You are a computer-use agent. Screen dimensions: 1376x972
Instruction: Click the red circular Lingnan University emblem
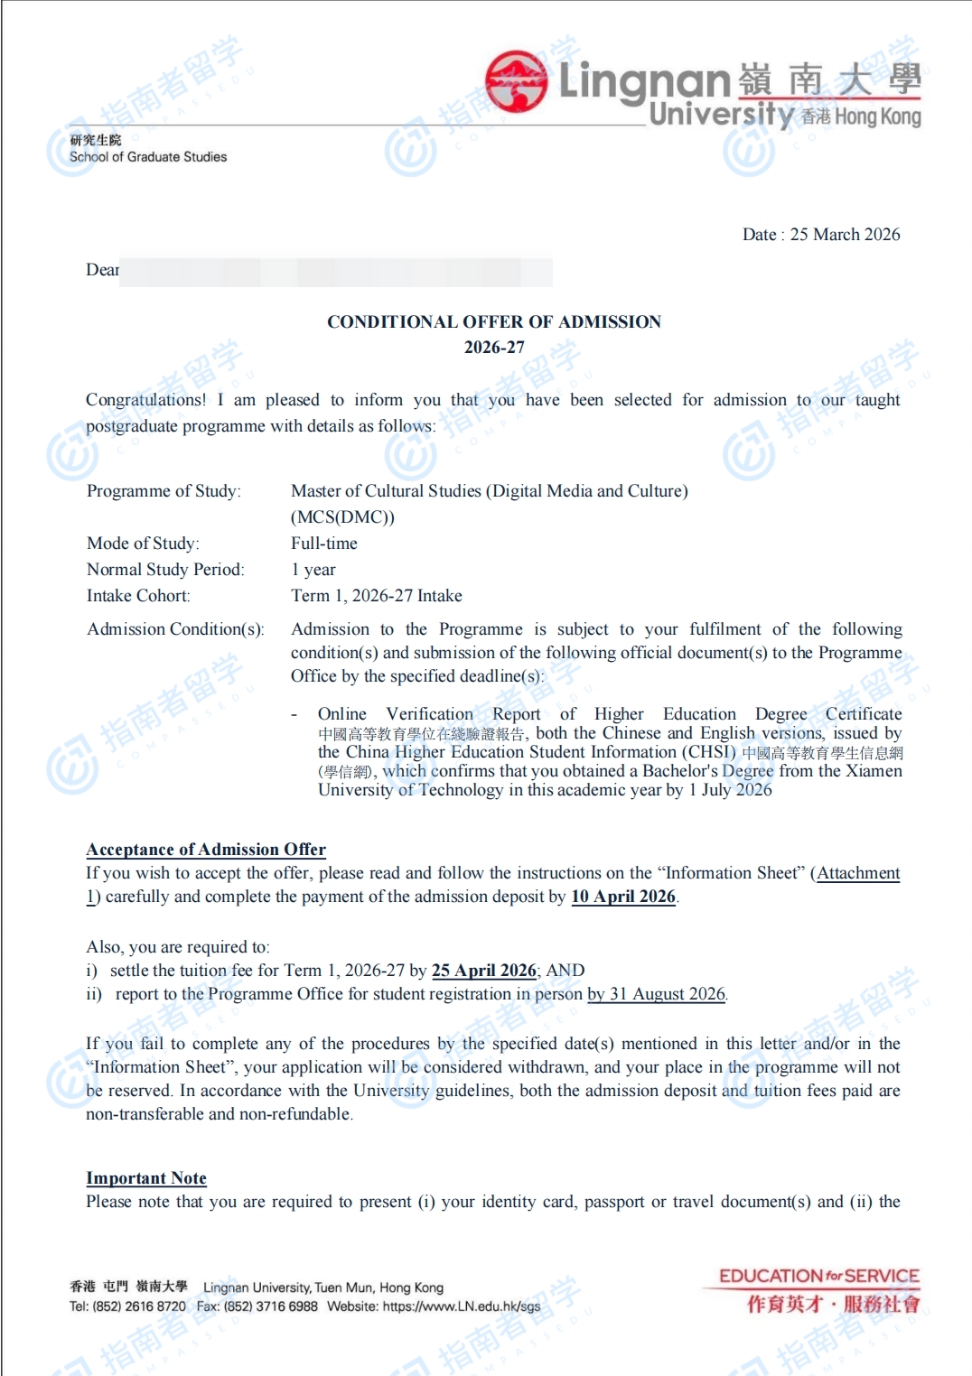[516, 80]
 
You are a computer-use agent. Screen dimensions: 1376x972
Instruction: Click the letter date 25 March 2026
[845, 235]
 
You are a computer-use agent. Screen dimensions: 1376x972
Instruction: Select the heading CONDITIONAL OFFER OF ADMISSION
[494, 322]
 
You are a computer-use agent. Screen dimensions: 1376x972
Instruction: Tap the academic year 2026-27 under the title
[494, 348]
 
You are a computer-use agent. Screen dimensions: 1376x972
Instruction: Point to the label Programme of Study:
[164, 491]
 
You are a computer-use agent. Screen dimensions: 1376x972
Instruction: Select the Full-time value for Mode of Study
[324, 544]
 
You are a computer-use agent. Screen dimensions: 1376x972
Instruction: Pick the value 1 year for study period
[313, 570]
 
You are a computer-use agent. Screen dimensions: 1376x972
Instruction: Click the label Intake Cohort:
[138, 596]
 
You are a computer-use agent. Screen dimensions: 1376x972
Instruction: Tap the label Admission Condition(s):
[175, 629]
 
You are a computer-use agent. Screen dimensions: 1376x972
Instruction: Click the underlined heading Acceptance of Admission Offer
[206, 850]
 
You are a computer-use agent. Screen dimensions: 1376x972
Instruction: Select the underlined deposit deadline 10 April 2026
[623, 897]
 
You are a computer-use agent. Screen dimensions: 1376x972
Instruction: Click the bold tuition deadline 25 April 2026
[484, 971]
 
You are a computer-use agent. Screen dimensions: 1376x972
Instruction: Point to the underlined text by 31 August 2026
[657, 994]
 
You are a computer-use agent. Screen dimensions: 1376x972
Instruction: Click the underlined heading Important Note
[146, 1178]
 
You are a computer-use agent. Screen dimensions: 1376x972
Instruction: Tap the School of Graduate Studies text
[148, 157]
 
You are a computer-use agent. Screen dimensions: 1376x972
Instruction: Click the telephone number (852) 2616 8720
[139, 1306]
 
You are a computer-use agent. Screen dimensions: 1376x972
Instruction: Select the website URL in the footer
[462, 1306]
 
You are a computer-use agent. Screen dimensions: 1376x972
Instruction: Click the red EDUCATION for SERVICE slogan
[819, 1277]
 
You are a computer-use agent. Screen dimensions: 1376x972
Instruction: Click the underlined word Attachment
[858, 873]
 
